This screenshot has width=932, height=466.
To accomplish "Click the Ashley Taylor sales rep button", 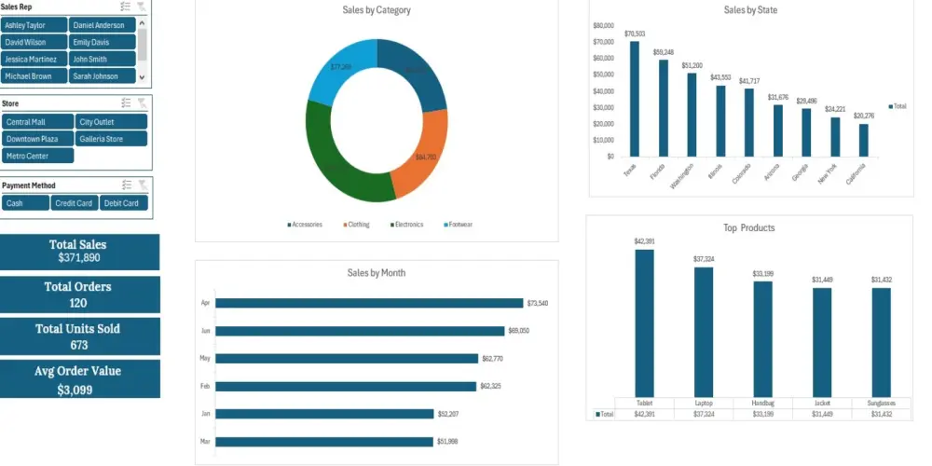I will (x=34, y=25).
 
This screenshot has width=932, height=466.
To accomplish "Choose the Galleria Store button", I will (x=111, y=139).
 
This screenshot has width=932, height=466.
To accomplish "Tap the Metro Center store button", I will (x=37, y=156).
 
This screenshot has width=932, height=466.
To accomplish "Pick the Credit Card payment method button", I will (x=74, y=203).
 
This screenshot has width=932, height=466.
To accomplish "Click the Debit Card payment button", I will (x=123, y=203).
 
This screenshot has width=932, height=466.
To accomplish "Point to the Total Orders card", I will (x=79, y=294).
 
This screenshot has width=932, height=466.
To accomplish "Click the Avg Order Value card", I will (x=79, y=379).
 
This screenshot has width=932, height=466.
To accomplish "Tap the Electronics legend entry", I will (x=407, y=225).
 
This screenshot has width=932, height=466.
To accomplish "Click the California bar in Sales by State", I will (x=864, y=140).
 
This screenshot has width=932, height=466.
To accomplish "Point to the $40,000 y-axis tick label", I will (x=602, y=91).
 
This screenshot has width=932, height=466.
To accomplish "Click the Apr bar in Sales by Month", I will (x=369, y=303).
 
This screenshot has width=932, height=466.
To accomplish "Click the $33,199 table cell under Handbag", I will (x=762, y=414).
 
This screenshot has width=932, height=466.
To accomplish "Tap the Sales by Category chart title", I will (x=377, y=10).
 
